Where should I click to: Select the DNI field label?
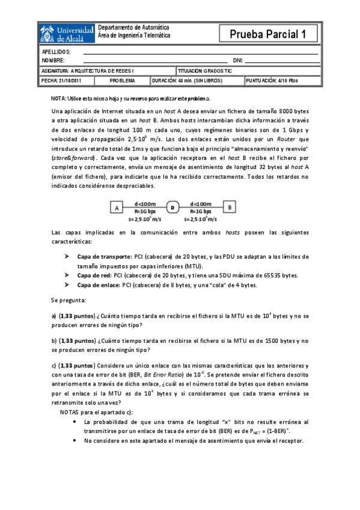[237, 61]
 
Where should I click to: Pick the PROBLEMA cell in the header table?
[122, 80]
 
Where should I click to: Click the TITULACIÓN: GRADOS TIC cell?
[205, 70]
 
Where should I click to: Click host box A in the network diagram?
[115, 207]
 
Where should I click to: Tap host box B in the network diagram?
[230, 207]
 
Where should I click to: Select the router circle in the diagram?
[172, 207]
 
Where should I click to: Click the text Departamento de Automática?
[133, 28]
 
